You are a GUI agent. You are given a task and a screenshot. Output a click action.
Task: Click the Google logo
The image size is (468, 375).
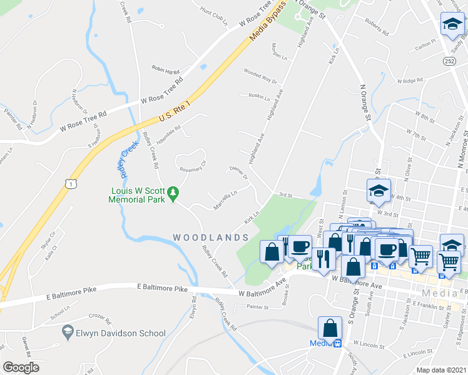(x=21, y=367)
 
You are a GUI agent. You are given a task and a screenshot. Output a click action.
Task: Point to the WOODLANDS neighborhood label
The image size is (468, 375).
(x=211, y=237)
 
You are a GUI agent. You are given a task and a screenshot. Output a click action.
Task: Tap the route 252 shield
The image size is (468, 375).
(x=450, y=62)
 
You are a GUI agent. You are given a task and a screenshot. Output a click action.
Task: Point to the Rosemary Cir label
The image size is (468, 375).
(x=193, y=166)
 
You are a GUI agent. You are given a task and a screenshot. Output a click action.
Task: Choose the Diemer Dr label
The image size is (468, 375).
(x=239, y=172)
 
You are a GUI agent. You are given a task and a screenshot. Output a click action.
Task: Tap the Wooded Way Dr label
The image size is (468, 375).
(x=260, y=77)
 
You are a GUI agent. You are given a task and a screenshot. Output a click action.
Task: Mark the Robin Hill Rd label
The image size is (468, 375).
(x=166, y=68)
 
